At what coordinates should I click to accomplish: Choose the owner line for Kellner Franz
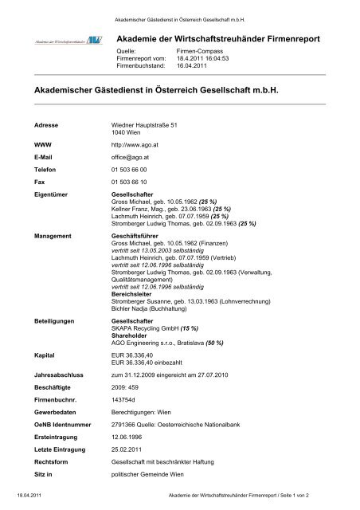[x=151, y=210]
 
